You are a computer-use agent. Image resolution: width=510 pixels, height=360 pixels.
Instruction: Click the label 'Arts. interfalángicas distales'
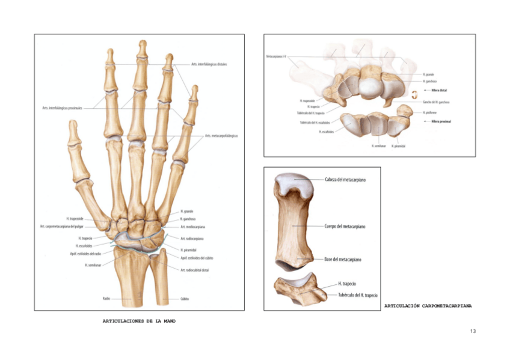[209, 64]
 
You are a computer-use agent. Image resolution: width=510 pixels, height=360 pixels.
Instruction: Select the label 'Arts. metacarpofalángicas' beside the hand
[221, 136]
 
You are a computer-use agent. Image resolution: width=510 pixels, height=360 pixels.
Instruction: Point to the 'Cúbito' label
[185, 298]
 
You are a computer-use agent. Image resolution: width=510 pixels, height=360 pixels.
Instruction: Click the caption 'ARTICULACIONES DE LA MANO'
[140, 321]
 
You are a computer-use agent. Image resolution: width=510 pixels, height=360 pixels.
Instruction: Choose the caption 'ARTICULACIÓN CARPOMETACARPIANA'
[428, 306]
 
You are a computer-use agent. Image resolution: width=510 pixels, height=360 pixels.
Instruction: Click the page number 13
[472, 331]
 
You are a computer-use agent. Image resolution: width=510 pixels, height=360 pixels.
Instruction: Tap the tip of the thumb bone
[73, 124]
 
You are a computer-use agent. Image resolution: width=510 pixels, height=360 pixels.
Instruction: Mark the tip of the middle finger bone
[143, 43]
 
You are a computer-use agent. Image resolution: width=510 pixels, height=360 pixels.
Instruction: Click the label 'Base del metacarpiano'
[343, 259]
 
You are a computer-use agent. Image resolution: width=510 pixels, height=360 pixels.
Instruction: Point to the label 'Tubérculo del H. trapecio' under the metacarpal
[358, 294]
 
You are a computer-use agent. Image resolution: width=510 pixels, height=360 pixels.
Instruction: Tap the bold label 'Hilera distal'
[439, 90]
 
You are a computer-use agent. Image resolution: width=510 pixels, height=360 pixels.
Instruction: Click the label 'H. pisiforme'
[429, 112]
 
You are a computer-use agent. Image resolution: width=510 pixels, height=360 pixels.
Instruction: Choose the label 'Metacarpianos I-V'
[277, 57]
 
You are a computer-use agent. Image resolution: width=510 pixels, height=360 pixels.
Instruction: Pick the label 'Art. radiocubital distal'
[195, 270]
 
